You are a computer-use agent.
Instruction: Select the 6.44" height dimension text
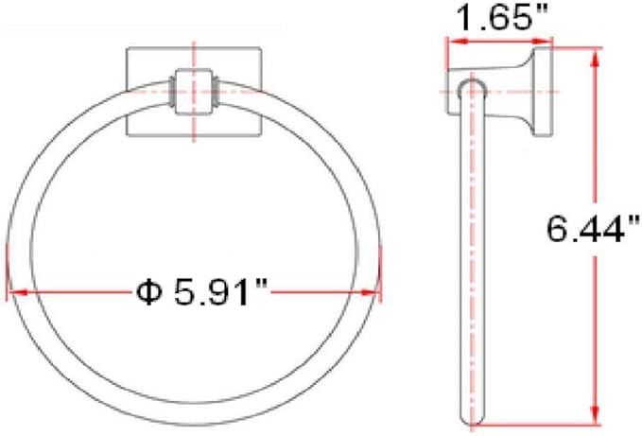590,229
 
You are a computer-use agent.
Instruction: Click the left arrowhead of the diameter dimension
12,292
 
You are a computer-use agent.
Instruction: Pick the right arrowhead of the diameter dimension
373,292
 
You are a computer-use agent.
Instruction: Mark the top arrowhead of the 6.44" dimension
596,57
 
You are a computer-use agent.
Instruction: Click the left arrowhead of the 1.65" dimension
452,42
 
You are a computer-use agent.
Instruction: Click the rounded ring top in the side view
472,88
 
